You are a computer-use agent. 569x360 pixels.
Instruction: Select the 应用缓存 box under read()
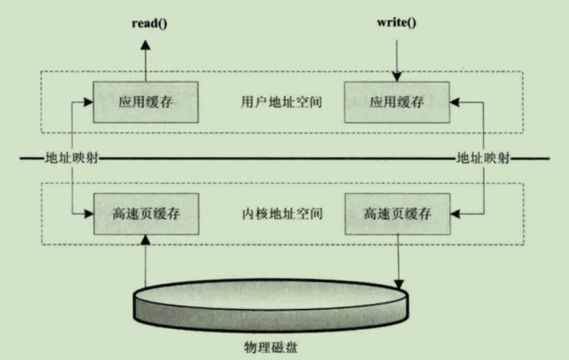click(145, 102)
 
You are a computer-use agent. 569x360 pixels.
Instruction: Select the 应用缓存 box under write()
click(397, 102)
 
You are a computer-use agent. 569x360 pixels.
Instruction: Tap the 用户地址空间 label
click(271, 102)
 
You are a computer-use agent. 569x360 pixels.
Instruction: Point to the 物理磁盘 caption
click(271, 349)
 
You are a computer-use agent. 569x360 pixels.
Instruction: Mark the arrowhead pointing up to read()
click(145, 44)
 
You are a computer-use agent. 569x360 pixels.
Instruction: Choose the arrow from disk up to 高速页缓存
click(145, 259)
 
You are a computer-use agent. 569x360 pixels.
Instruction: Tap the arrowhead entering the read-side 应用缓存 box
click(88, 102)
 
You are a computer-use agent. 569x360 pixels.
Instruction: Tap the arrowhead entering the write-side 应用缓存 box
click(455, 102)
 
